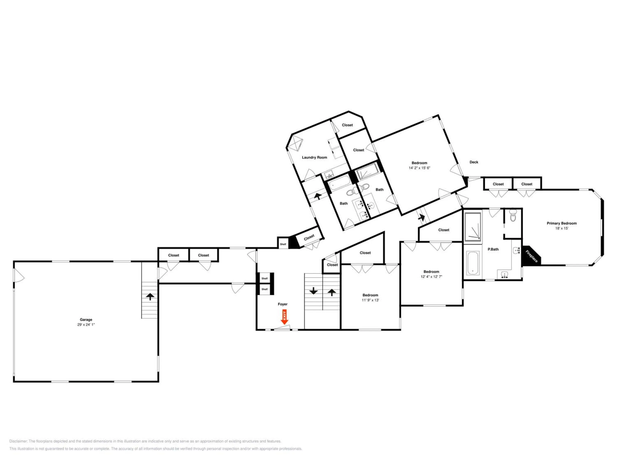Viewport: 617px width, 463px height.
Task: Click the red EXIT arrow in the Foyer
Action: click(284, 317)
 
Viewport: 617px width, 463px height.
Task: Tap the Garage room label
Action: click(86, 320)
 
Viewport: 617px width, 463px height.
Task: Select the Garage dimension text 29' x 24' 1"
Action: click(86, 325)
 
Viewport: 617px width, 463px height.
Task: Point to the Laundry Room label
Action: click(314, 157)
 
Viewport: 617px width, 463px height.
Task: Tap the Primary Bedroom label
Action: click(561, 223)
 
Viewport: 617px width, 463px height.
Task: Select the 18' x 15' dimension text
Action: click(561, 228)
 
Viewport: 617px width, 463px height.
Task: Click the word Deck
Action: click(474, 162)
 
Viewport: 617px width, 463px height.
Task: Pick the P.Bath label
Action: click(493, 249)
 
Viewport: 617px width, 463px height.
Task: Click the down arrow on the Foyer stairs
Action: click(313, 291)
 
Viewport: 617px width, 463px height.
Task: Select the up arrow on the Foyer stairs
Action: click(331, 292)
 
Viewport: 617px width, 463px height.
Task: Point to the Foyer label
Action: click(282, 304)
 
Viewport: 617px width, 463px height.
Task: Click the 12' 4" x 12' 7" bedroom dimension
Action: click(431, 277)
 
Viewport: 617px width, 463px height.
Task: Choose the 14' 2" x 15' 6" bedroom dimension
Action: click(419, 168)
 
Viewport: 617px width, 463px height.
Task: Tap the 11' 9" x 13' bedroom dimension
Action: click(370, 300)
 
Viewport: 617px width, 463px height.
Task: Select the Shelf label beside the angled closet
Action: click(283, 244)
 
